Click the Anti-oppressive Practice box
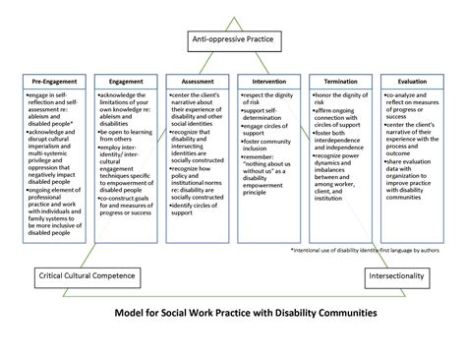click(x=232, y=41)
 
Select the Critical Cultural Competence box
click(x=86, y=277)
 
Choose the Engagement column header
click(x=128, y=82)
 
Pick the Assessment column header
click(x=200, y=82)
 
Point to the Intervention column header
click(x=269, y=82)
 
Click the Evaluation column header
click(x=410, y=82)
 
